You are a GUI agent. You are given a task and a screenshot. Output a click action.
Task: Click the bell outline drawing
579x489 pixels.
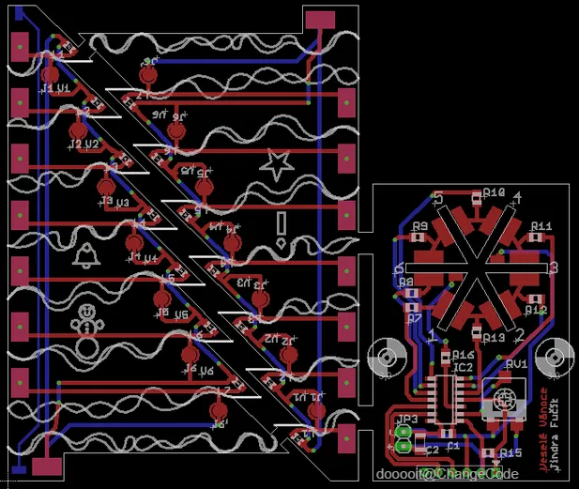[x=86, y=253]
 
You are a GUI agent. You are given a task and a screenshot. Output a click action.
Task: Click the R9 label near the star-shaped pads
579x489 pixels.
[x=419, y=226]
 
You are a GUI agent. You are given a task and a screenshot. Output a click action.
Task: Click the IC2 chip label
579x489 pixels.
[x=463, y=367]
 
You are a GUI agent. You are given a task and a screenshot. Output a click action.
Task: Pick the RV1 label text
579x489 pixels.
[x=517, y=363]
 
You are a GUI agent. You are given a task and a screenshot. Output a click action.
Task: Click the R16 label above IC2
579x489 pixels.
[x=463, y=355]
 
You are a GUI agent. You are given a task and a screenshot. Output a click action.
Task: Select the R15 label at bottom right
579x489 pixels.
[x=510, y=453]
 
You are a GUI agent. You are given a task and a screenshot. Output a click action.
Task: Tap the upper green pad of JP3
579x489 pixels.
[x=404, y=433]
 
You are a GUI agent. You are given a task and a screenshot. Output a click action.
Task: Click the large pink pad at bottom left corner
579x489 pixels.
[x=43, y=466]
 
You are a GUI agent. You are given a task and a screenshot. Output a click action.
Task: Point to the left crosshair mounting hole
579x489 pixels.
[x=387, y=359]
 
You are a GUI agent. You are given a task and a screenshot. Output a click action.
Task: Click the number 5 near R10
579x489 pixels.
[x=439, y=196]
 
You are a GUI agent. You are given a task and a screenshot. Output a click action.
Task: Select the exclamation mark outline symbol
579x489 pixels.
[x=282, y=228]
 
